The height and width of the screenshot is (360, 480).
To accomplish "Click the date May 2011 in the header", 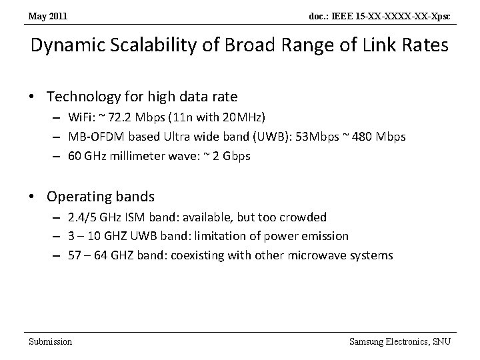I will click(x=48, y=15).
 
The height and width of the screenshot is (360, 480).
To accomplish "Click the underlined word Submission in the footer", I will click(x=50, y=341).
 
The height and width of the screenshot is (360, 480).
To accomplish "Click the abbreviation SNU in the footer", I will click(x=441, y=341).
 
